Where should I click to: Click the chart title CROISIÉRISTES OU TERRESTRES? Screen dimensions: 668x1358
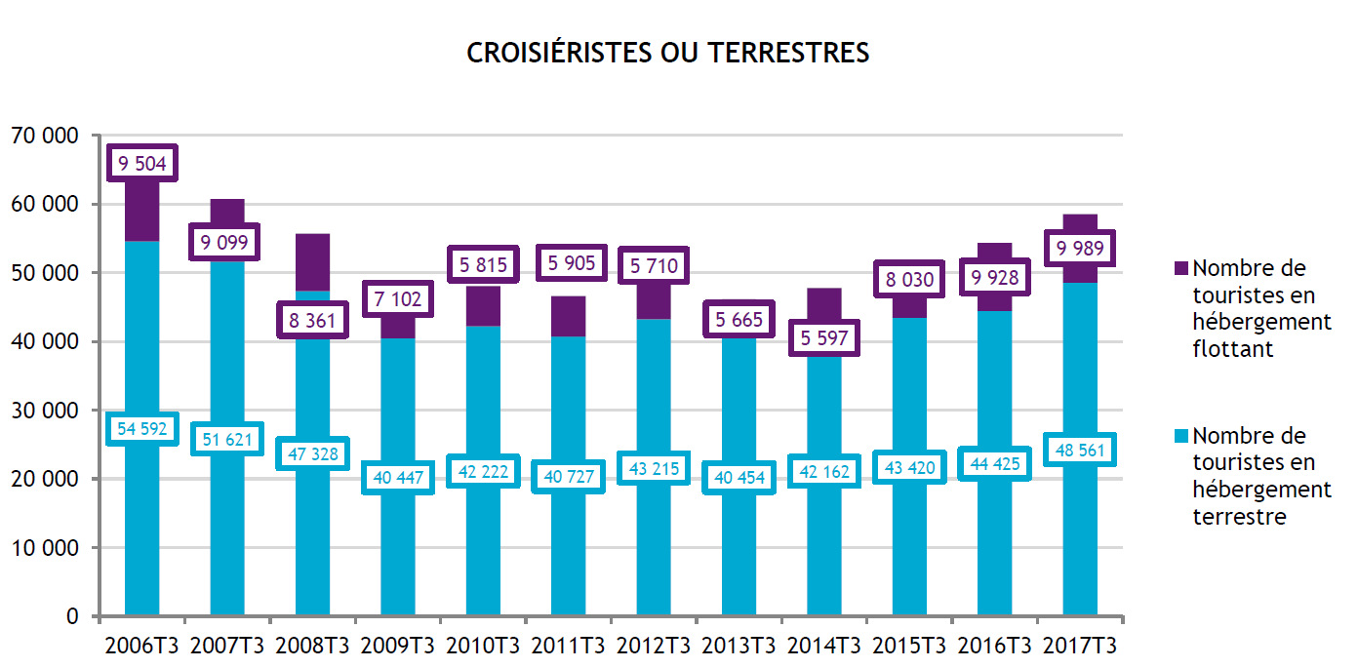(x=667, y=53)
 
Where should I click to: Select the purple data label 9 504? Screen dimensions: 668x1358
(x=142, y=164)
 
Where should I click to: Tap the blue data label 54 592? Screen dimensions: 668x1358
(x=142, y=428)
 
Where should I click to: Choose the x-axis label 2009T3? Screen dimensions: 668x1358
(x=397, y=646)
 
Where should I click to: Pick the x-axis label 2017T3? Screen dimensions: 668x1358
(x=1080, y=646)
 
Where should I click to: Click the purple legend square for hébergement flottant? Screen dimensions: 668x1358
(x=1179, y=267)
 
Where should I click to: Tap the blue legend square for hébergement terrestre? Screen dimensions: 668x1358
(x=1179, y=435)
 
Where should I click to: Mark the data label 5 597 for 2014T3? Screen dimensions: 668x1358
(x=824, y=339)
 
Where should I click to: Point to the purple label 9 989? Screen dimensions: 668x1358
(x=1080, y=249)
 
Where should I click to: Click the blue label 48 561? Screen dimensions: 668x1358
(x=1080, y=450)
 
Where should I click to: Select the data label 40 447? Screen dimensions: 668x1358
(x=397, y=477)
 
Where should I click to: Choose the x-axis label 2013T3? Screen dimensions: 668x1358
(x=739, y=646)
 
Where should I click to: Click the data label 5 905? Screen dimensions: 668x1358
(x=569, y=262)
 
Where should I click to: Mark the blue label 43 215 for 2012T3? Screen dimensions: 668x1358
(x=654, y=468)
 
